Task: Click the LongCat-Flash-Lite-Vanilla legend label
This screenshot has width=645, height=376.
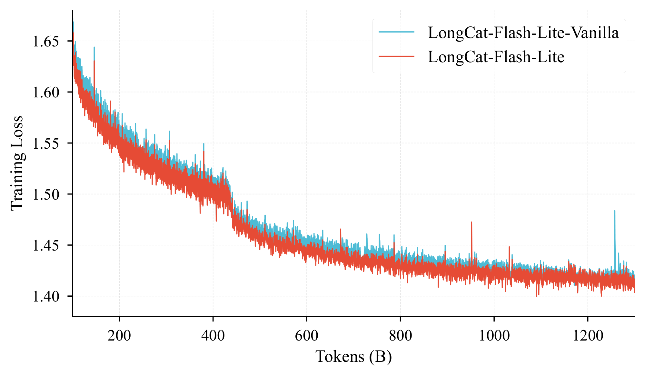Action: point(523,33)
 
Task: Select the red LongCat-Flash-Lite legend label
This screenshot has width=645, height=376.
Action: point(496,57)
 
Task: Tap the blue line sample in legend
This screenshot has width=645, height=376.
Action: point(396,32)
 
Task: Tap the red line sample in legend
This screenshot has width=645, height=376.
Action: point(396,56)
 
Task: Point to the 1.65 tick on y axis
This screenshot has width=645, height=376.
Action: point(46,42)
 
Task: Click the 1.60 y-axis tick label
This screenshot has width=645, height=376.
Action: point(46,93)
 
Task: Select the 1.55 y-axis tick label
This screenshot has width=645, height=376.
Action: point(46,143)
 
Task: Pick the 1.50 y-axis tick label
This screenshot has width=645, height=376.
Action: point(46,194)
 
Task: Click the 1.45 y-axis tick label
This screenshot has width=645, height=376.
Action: point(46,245)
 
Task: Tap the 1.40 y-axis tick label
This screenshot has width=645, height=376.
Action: point(46,296)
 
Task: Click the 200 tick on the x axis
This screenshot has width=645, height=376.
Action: point(119,336)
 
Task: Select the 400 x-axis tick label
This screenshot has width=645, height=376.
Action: point(213,336)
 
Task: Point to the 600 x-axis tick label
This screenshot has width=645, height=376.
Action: point(306,336)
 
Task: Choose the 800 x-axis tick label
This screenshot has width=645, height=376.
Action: point(400,336)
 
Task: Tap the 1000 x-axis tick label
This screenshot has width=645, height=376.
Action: point(494,336)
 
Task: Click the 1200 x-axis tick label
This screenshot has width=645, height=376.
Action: point(588,336)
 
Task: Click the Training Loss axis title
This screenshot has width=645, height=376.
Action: point(17,163)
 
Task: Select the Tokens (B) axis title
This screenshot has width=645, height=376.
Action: point(353,357)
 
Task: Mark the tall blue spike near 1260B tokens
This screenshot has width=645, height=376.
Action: point(615,213)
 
